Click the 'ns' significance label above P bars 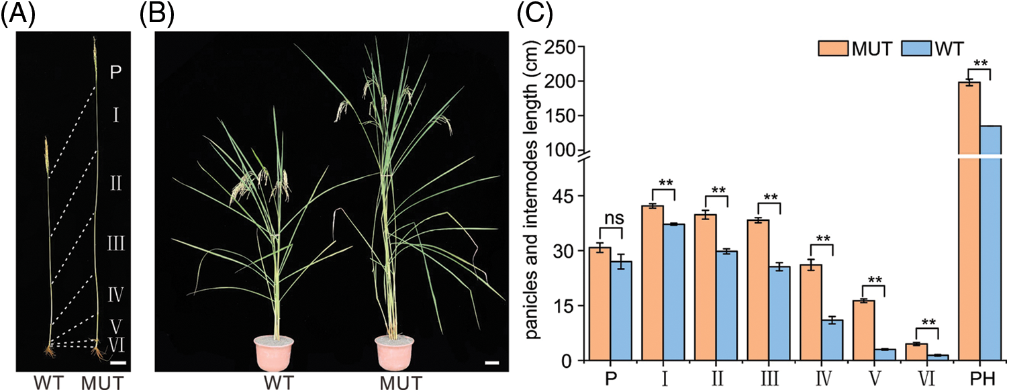click(x=611, y=219)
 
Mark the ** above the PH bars click(x=980, y=64)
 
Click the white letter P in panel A click(x=115, y=72)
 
